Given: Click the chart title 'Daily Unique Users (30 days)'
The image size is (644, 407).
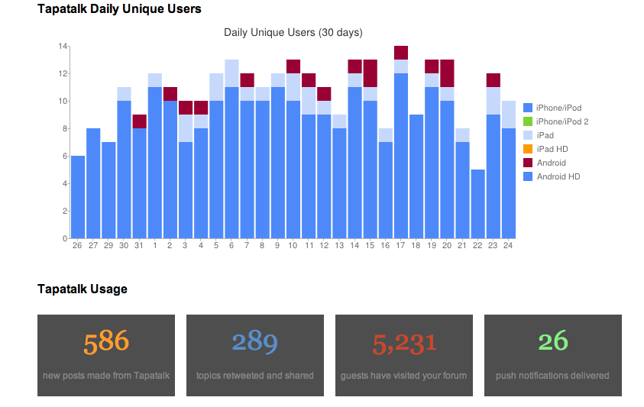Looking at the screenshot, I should (293, 33).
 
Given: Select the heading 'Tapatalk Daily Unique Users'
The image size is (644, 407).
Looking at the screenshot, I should (119, 9).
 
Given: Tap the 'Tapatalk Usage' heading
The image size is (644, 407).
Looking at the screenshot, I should (83, 289).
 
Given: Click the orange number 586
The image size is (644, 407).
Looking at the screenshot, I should (106, 341).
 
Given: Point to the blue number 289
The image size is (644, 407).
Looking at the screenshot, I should (254, 341).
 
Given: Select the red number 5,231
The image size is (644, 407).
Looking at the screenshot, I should (404, 343).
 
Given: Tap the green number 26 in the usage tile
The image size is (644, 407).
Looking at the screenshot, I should (552, 341).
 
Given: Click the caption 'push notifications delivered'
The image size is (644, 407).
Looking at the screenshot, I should (552, 376).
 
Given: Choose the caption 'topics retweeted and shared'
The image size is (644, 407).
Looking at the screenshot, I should (254, 376).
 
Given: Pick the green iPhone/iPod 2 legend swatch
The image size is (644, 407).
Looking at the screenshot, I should (527, 121).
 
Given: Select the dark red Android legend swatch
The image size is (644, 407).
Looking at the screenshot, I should (527, 163).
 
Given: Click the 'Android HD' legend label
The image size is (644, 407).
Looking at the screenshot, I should (558, 176).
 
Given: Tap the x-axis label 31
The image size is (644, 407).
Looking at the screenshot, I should (138, 245).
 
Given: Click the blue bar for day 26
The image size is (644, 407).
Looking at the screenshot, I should (77, 197).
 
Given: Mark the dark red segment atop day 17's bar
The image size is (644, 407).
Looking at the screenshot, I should (400, 53).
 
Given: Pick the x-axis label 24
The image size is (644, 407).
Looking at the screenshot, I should (508, 245).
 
